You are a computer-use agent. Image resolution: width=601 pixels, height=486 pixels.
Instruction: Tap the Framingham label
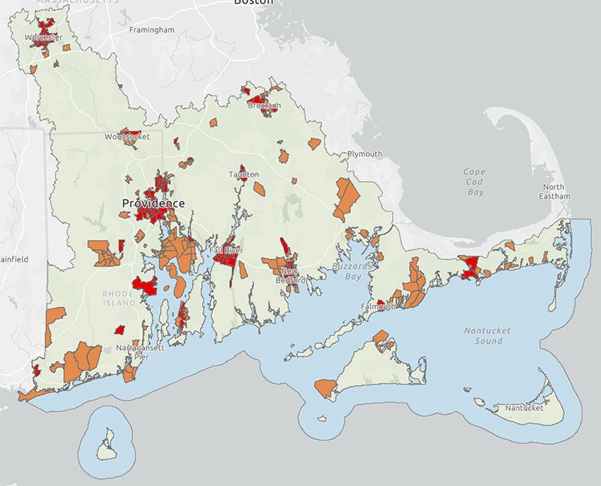pos(151,30)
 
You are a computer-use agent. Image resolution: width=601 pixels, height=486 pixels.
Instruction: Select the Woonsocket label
pos(127,137)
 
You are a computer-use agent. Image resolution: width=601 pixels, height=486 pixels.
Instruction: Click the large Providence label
pos(153,204)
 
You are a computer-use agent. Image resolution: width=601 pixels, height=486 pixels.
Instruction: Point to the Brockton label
pos(264,106)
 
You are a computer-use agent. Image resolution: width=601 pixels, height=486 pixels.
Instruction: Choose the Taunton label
pos(244,174)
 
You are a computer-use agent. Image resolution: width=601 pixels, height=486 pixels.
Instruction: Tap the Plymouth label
pos(364,154)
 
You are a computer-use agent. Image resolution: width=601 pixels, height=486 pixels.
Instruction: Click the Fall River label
pos(225,249)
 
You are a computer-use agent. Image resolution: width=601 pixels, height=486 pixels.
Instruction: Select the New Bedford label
pos(293,275)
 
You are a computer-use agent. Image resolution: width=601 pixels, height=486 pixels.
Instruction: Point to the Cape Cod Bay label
pos(474,182)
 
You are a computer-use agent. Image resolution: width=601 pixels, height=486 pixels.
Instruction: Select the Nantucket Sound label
pos(482,335)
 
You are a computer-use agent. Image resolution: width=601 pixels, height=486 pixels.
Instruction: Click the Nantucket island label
pos(523,409)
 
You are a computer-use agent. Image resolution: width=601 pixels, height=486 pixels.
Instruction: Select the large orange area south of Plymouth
pos(348,198)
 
